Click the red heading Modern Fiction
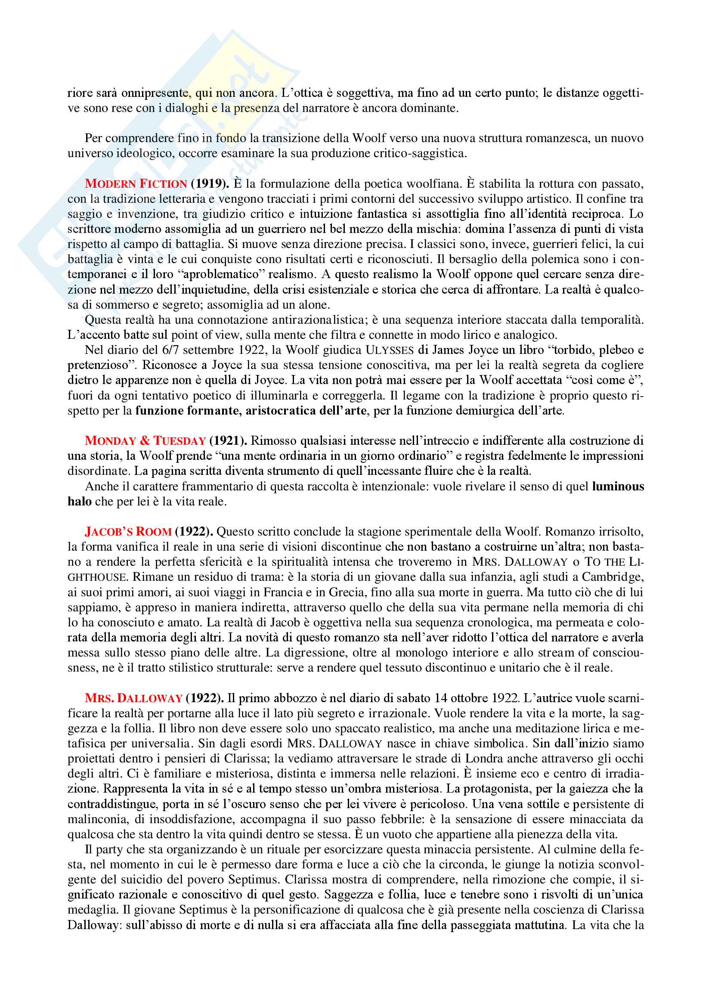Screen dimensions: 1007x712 [136, 184]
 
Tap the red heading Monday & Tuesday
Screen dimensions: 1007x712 [145, 441]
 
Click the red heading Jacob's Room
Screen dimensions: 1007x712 [128, 532]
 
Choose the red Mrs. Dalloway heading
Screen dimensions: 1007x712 [133, 698]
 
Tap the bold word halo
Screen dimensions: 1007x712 [79, 501]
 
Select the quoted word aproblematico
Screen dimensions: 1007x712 [221, 275]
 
